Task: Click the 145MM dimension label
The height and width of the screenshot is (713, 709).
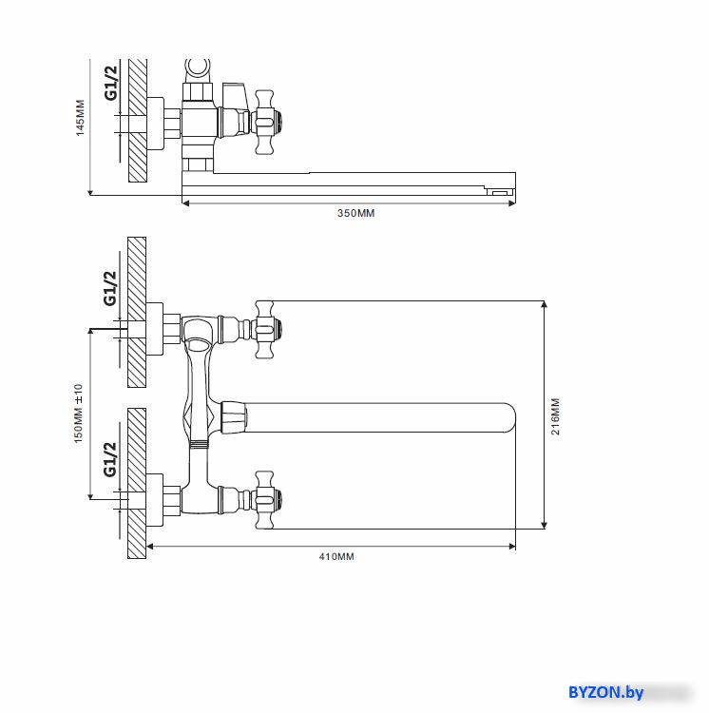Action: tap(80, 118)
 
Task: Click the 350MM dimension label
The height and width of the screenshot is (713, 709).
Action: tap(355, 213)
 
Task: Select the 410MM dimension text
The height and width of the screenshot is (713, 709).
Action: tap(336, 556)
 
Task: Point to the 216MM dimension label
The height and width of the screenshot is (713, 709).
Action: tap(555, 416)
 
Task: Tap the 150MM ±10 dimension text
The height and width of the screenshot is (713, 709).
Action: tap(78, 414)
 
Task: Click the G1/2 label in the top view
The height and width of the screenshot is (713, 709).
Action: tap(110, 83)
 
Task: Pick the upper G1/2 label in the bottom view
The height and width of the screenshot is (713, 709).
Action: tap(109, 288)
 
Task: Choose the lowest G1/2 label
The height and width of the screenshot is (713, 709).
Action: tap(109, 459)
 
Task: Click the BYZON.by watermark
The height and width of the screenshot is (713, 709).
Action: tap(605, 692)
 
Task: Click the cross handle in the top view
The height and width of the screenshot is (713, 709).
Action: tap(265, 122)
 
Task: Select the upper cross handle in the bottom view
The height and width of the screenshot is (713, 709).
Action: tap(265, 329)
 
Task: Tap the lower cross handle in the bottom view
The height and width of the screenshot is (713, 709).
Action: tap(265, 500)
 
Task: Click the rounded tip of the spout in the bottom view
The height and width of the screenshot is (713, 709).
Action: tap(510, 417)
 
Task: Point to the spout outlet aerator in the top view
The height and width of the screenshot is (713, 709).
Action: tap(500, 191)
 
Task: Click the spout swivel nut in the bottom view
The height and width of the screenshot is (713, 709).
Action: tap(233, 417)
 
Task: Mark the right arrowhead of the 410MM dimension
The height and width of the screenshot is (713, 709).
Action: tap(512, 546)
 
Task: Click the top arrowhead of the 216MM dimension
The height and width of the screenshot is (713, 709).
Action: tap(544, 304)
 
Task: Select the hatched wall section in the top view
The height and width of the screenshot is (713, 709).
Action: tap(138, 121)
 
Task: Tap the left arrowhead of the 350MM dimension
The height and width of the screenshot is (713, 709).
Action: tap(185, 203)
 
